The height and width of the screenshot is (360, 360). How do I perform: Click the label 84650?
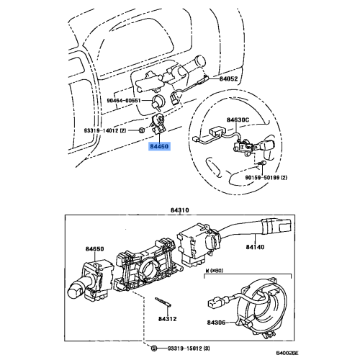pyautogui.click(x=94, y=249)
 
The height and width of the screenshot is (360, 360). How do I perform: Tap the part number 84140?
pyautogui.click(x=256, y=247)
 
